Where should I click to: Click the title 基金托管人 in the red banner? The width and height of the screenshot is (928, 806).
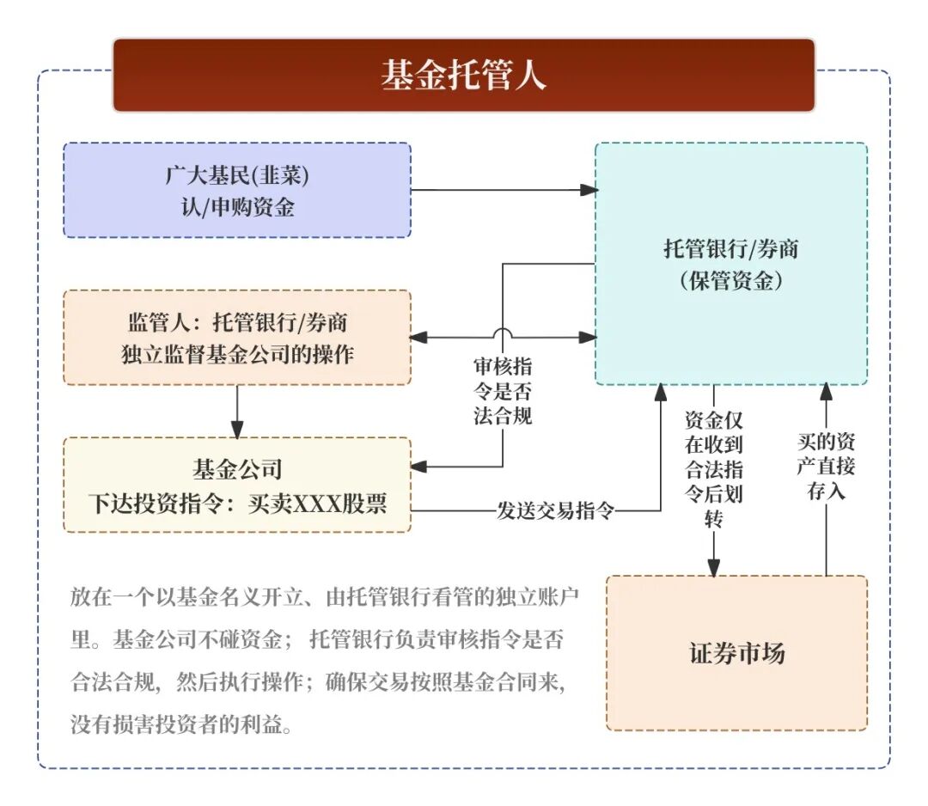[463, 76]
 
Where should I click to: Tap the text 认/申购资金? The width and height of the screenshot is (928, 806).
[237, 207]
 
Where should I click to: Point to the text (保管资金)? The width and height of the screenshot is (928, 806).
[730, 280]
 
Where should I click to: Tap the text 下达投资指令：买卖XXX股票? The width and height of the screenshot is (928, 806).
[237, 503]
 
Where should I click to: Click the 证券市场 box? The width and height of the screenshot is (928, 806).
[736, 653]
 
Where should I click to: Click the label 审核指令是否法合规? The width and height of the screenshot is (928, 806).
[503, 392]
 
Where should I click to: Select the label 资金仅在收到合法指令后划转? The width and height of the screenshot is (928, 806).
[713, 469]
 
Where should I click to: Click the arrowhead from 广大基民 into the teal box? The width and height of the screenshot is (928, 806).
[588, 189]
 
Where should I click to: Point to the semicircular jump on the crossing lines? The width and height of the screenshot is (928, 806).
[503, 333]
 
